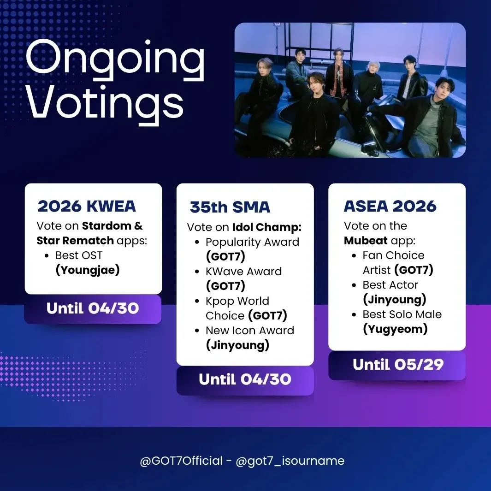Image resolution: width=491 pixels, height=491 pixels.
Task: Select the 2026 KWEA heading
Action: [x=87, y=207]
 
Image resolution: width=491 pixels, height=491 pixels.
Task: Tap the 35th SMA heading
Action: [x=230, y=207]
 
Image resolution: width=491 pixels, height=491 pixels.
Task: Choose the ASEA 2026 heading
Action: [x=390, y=207]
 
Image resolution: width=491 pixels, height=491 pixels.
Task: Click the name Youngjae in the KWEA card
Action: [x=88, y=270]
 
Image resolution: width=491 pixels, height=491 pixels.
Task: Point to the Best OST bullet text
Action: [x=79, y=255]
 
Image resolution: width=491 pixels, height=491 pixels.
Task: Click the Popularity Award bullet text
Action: [x=252, y=242]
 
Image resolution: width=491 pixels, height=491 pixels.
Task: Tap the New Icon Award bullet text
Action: [x=249, y=331]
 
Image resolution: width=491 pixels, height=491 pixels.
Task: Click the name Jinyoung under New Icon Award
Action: [x=237, y=345]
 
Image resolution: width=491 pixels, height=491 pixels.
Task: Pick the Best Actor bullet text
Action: [x=390, y=285]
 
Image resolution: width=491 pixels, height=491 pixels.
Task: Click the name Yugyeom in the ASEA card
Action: [x=395, y=329]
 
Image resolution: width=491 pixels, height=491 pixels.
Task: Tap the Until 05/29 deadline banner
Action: [x=397, y=365]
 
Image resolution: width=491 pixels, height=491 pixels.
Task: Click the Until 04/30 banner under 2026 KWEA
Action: [x=93, y=308]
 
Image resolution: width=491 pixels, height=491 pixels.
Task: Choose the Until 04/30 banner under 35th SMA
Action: [x=245, y=379]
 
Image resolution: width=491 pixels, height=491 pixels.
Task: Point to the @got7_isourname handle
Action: [x=290, y=461]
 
